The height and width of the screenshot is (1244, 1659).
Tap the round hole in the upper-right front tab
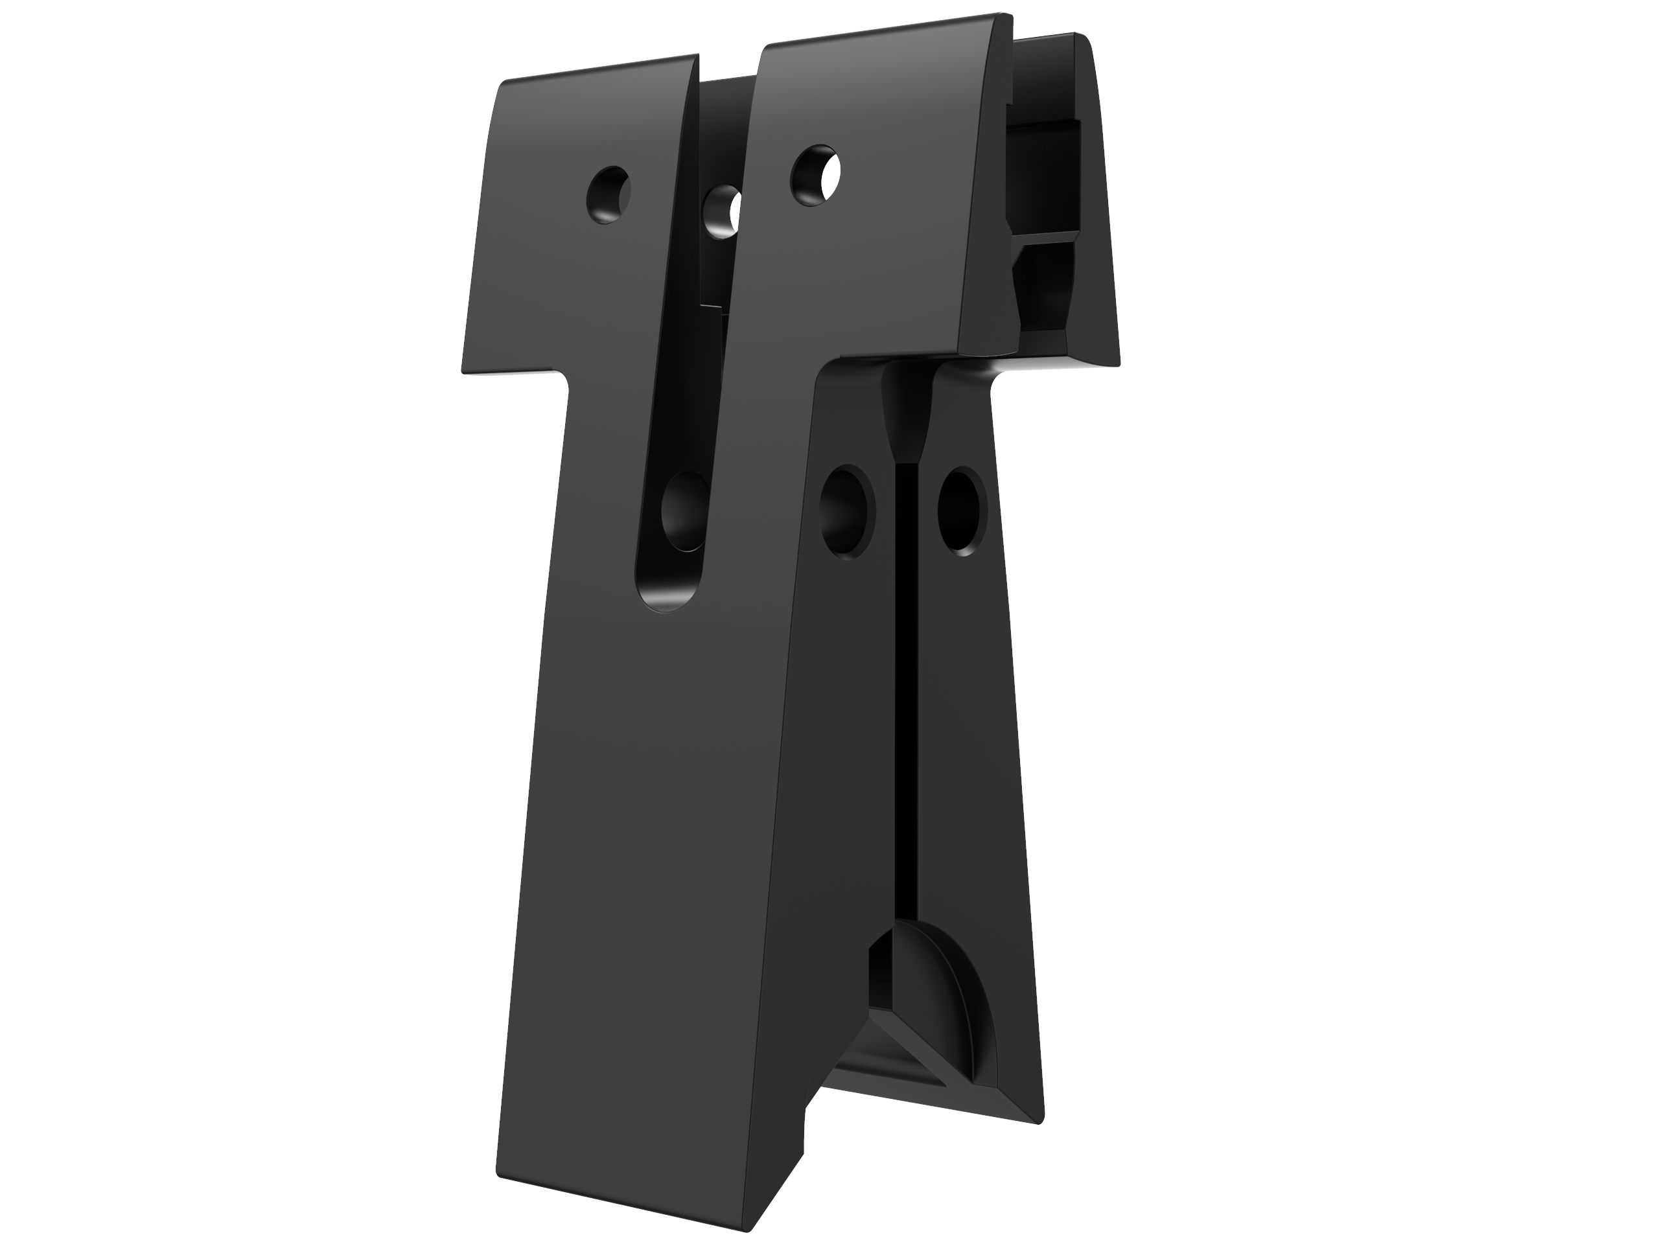pos(815,176)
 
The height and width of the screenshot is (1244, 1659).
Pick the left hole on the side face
pos(848,512)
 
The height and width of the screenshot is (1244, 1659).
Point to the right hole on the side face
pos(962,511)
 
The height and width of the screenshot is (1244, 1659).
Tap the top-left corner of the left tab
pos(501,84)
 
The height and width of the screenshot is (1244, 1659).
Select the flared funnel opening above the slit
pos(906,416)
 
